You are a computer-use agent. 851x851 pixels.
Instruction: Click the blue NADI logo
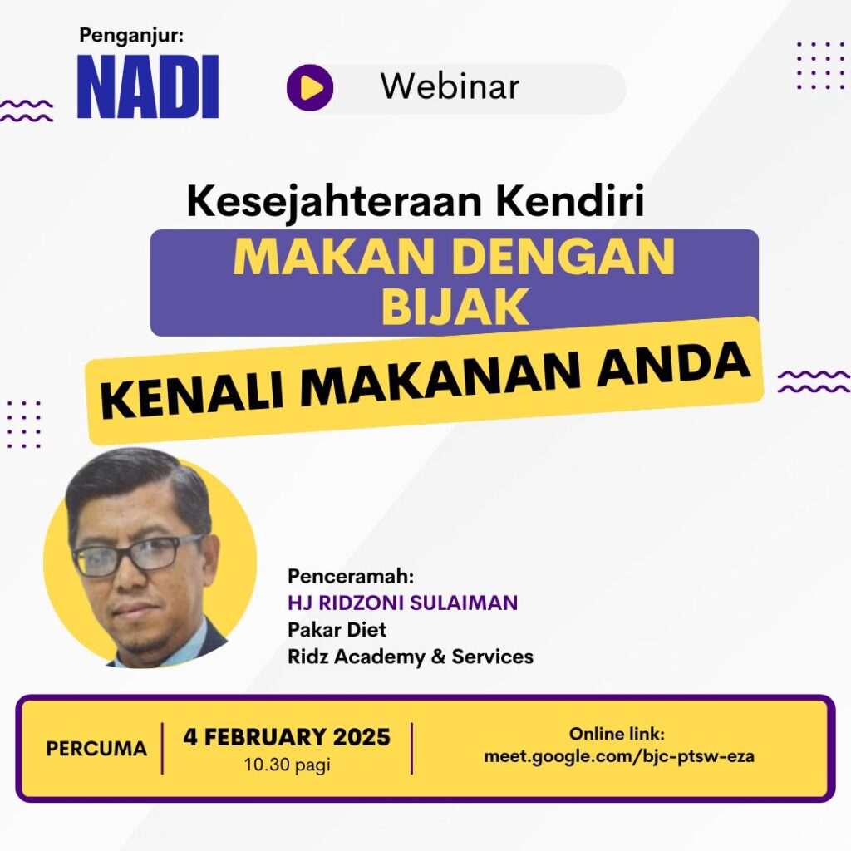(148, 86)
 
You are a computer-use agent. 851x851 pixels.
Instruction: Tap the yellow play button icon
(310, 87)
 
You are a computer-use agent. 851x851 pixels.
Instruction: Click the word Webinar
(450, 86)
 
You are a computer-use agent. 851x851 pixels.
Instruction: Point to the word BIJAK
(455, 307)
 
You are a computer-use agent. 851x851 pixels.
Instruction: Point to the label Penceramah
(351, 576)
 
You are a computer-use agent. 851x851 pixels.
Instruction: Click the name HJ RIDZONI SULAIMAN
(403, 603)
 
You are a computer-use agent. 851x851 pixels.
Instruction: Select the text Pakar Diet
(337, 630)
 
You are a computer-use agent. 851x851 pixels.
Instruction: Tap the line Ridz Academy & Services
(411, 657)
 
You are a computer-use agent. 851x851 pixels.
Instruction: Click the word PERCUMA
(96, 749)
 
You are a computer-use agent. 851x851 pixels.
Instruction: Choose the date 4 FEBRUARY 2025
(287, 737)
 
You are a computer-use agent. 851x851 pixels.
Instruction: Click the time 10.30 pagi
(287, 765)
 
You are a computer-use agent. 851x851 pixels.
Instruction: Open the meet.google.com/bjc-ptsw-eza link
(618, 756)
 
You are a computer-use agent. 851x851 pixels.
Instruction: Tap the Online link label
(617, 734)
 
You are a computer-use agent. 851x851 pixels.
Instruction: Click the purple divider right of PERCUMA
(162, 749)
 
